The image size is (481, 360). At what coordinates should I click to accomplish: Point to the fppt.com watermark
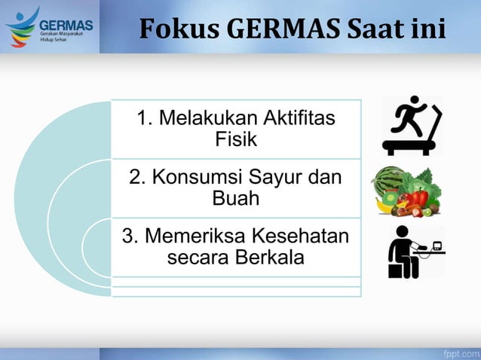(x=460, y=352)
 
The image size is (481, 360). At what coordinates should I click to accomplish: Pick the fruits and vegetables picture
(x=407, y=192)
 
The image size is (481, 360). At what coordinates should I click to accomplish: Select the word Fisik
(x=236, y=139)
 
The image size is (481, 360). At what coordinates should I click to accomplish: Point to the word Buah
(x=236, y=199)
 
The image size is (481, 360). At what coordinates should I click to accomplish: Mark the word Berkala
(x=269, y=258)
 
